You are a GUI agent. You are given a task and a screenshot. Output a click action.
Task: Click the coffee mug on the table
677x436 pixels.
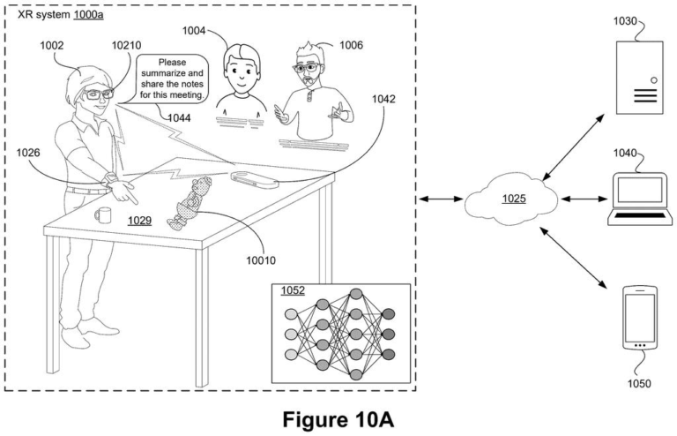pyautogui.click(x=103, y=214)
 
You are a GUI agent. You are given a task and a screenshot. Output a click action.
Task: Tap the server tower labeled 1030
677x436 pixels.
pyautogui.click(x=639, y=78)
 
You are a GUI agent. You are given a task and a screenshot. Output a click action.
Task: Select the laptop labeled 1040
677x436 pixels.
pyautogui.click(x=640, y=199)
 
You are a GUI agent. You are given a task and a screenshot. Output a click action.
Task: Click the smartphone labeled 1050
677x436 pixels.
pyautogui.click(x=640, y=318)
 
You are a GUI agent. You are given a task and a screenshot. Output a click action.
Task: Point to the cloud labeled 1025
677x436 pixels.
pyautogui.click(x=511, y=199)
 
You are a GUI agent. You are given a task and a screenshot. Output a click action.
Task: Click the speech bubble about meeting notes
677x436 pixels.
pyautogui.click(x=172, y=79)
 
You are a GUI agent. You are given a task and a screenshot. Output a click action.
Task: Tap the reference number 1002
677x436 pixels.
pyautogui.click(x=52, y=45)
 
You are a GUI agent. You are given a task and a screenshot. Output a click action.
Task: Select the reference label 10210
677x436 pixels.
pyautogui.click(x=126, y=45)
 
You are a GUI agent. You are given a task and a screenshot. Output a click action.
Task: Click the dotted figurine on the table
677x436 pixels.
pyautogui.click(x=190, y=202)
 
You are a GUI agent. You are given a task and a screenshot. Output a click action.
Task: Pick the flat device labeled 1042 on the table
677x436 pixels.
pyautogui.click(x=254, y=179)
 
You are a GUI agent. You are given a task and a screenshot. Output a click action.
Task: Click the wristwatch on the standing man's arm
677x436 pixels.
pyautogui.click(x=109, y=179)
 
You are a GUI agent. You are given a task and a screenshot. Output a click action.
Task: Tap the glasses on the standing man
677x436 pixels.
pyautogui.click(x=99, y=94)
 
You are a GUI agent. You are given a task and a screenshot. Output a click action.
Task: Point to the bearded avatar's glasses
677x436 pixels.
pyautogui.click(x=307, y=67)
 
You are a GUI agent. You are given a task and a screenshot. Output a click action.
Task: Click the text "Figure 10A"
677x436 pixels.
pyautogui.click(x=338, y=419)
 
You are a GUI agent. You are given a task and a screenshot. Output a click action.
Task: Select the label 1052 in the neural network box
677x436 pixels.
pyautogui.click(x=293, y=290)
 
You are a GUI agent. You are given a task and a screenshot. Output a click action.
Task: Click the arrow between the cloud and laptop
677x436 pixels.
pyautogui.click(x=584, y=199)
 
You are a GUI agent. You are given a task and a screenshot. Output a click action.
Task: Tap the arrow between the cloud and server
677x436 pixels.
pyautogui.click(x=573, y=147)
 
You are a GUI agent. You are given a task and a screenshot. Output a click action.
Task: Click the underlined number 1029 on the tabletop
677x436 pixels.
pyautogui.click(x=139, y=221)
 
